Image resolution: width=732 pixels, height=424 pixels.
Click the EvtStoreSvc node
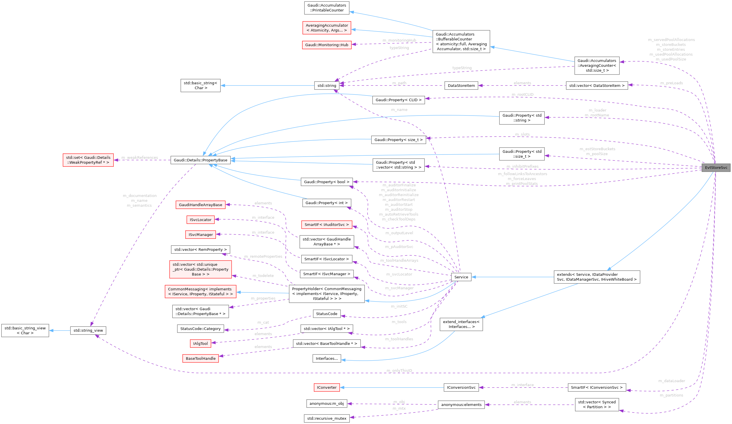tap(716, 167)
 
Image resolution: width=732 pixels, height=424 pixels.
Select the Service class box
tap(461, 277)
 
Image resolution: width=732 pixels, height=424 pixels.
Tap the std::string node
tap(326, 85)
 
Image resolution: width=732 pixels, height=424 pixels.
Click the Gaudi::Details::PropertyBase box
tap(200, 160)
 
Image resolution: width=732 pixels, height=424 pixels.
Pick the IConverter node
tap(326, 387)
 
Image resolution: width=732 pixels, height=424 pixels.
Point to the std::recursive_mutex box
tap(326, 418)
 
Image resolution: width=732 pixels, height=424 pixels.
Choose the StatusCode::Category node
tap(200, 329)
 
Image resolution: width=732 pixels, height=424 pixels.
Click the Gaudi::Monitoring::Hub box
tap(326, 45)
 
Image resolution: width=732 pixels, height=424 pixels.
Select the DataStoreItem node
tap(461, 85)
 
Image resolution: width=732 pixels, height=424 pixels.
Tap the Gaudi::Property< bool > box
tap(326, 182)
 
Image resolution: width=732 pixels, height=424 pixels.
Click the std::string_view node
tap(88, 330)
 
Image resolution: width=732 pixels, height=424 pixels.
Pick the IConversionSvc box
tap(461, 387)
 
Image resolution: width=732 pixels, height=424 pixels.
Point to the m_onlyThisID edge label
tap(399, 370)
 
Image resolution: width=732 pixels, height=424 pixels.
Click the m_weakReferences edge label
tap(140, 157)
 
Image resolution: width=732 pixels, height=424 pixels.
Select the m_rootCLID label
tap(523, 95)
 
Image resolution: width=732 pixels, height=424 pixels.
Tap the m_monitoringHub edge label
tap(399, 40)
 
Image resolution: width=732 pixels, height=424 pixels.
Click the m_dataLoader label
tap(672, 381)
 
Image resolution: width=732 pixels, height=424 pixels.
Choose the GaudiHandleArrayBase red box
tap(200, 205)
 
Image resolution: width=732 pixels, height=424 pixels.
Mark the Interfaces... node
tap(326, 358)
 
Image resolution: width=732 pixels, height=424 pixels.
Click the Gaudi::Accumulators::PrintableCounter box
tap(326, 8)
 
